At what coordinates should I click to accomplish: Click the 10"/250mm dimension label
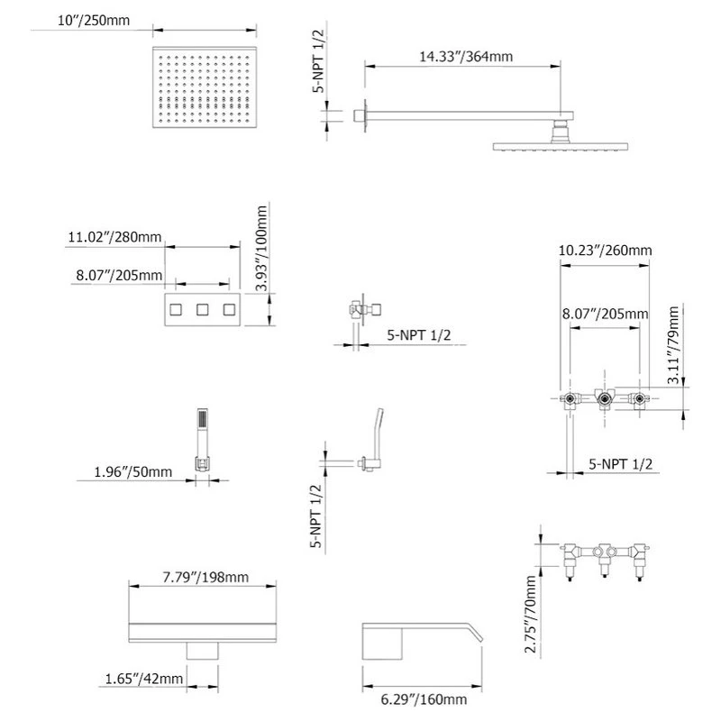click(x=94, y=20)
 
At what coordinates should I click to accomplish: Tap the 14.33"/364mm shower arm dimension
click(x=466, y=57)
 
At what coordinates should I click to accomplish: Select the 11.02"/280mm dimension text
click(x=115, y=237)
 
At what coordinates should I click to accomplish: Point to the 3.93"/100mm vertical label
click(x=261, y=249)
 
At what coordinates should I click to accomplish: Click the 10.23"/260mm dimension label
click(x=605, y=251)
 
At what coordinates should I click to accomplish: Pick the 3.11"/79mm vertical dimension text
click(x=673, y=345)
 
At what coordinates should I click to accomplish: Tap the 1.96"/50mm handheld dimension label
click(x=132, y=471)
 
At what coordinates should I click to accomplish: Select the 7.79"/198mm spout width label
click(x=205, y=577)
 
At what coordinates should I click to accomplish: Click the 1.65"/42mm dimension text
click(x=144, y=679)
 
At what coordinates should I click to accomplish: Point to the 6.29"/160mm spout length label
click(x=424, y=700)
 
